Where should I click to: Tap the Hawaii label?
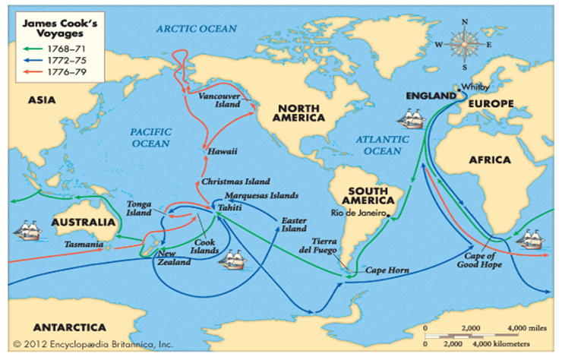tap(223, 152)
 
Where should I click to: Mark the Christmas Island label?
tap(235, 183)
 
